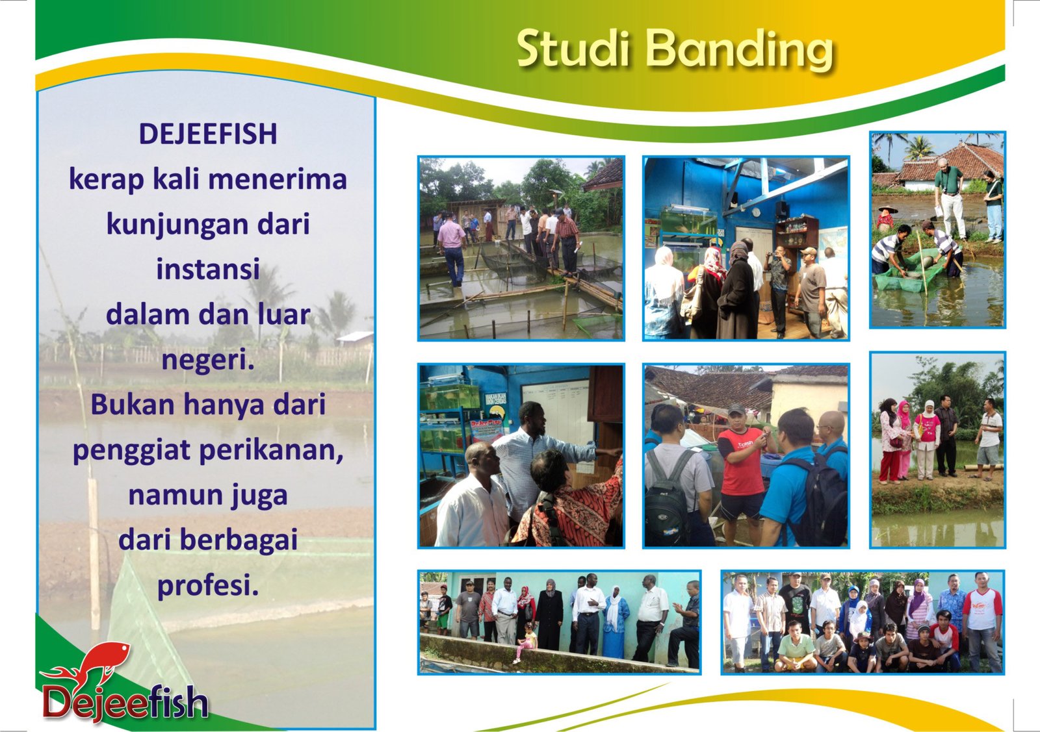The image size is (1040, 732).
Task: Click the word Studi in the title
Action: coord(574,48)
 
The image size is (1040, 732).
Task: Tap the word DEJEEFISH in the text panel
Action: coord(208,134)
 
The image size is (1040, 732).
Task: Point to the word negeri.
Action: coord(208,360)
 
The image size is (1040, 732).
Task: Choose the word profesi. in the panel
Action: coord(208,587)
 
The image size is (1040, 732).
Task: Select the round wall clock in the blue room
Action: coord(757,212)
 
